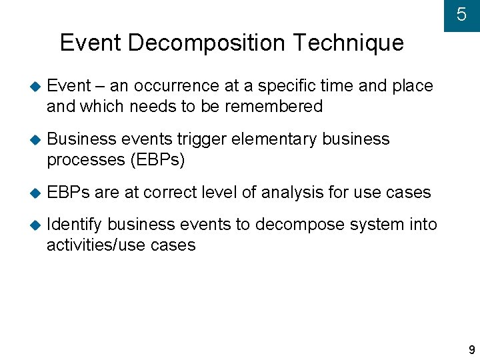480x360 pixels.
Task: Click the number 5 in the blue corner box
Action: pos(461,15)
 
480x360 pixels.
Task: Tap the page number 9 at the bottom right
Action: pos(472,350)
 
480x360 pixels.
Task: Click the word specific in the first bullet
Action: pos(289,86)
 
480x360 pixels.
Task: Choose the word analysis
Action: pos(292,193)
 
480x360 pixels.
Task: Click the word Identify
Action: pos(74,225)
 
